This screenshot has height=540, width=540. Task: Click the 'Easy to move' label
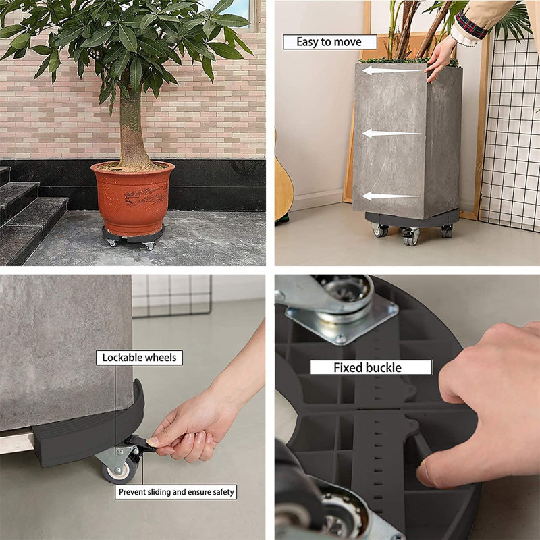329,42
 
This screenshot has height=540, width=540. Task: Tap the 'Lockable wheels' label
139,358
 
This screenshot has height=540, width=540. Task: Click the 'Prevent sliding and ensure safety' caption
176,492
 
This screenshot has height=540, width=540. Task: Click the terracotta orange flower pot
132,197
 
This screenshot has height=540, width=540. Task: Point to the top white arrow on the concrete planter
391,71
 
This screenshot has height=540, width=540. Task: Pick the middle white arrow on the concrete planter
391,133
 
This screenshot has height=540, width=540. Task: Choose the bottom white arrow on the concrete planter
391,196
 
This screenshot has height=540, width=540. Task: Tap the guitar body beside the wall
283,186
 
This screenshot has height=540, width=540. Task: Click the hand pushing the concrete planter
440,59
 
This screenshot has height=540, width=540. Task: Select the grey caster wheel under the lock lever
120,469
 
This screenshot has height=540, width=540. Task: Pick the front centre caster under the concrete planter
410,237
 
